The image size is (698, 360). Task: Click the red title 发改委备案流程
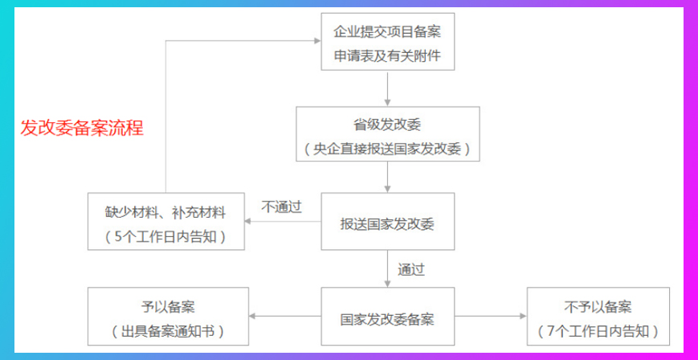[x=82, y=129]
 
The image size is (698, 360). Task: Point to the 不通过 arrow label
[x=282, y=207]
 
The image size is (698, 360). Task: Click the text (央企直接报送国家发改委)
[x=387, y=149]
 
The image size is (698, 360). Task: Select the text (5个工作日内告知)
[x=165, y=237]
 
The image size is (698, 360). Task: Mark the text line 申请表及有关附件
[x=387, y=57]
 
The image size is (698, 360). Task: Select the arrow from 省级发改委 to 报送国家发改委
[x=387, y=177]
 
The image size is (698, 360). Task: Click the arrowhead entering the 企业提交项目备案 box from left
[x=316, y=41]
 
